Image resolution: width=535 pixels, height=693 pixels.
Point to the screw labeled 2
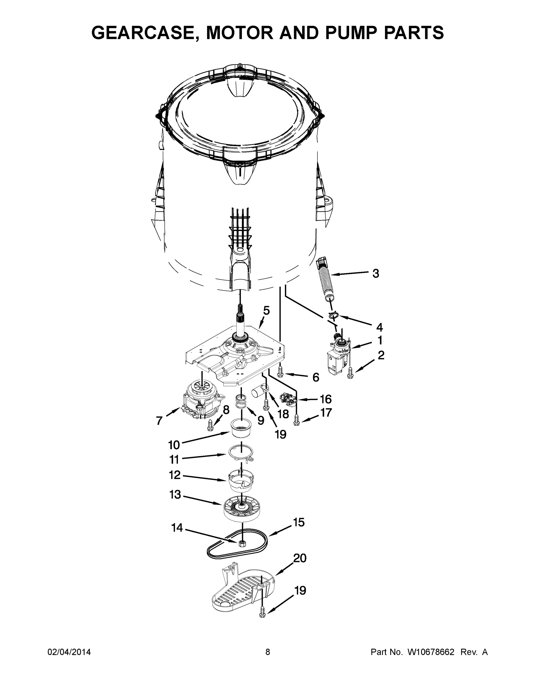(x=350, y=372)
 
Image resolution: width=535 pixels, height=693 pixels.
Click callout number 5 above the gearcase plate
(x=266, y=310)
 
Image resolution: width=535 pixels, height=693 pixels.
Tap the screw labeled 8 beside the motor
(x=210, y=425)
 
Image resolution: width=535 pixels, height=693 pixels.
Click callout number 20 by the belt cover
(x=299, y=567)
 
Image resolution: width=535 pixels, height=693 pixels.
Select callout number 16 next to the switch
(x=326, y=399)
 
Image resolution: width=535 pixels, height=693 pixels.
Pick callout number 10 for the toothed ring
(x=174, y=445)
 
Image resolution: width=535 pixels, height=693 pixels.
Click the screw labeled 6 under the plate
(x=280, y=371)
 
